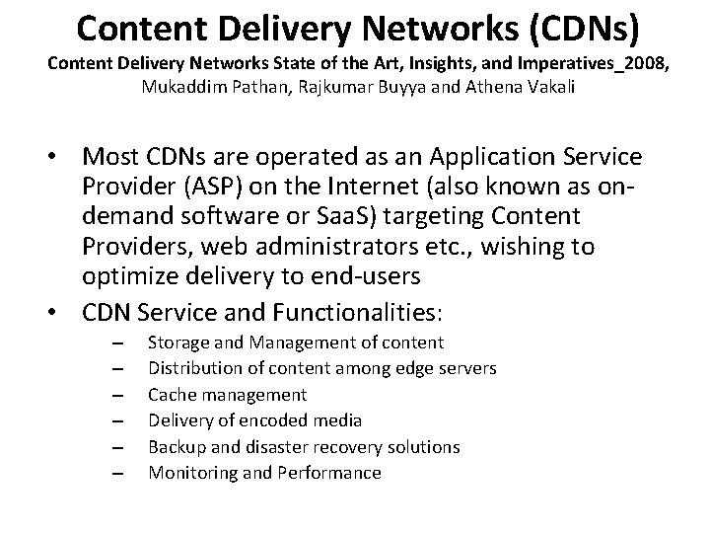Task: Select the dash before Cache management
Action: (117, 395)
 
